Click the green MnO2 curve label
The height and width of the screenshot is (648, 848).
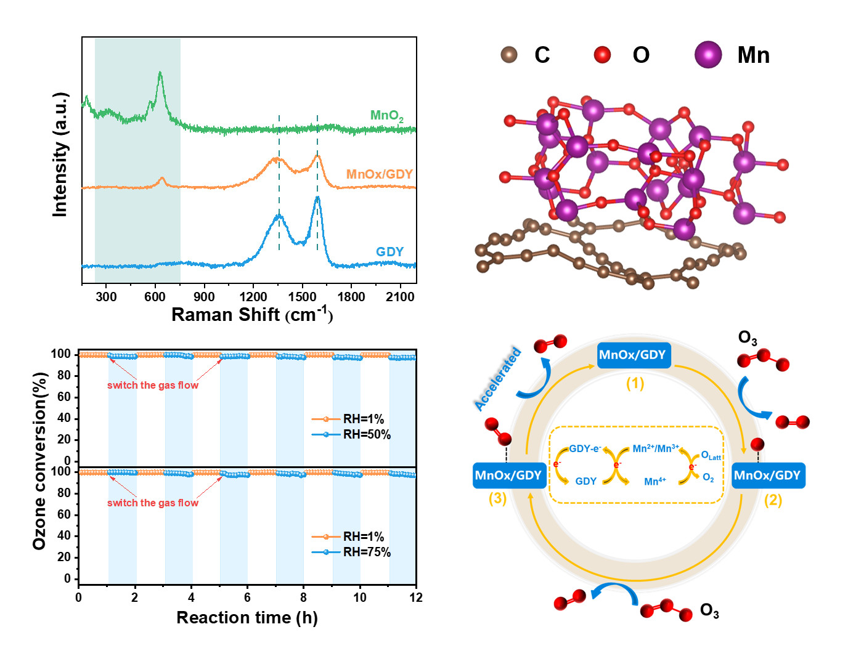coord(386,116)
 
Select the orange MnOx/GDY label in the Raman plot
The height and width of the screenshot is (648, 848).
coord(379,174)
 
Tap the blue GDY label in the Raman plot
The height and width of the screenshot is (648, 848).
coord(389,252)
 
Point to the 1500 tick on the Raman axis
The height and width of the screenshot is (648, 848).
coord(302,296)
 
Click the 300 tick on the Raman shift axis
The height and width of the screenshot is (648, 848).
coord(106,296)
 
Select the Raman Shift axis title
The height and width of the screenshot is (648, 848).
coord(252,315)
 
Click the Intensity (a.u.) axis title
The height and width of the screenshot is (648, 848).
coord(60,155)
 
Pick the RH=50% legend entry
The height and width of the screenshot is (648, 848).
coord(366,434)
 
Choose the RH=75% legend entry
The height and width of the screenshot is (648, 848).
coord(366,552)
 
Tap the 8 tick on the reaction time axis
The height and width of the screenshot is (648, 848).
coord(303,597)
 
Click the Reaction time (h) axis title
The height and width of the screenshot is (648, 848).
coord(247,617)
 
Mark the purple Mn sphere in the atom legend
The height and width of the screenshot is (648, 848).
coord(708,55)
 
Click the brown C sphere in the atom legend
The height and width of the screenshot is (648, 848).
coord(509,55)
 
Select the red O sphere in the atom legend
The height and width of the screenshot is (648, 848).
coord(602,55)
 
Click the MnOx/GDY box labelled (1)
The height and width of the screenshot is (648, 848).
coord(633,355)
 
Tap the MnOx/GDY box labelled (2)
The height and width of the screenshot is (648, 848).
coord(767,476)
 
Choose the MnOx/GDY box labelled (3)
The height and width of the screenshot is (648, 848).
coord(508,476)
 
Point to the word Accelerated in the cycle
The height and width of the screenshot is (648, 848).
coord(498,379)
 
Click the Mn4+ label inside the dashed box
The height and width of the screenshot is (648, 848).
coord(654,482)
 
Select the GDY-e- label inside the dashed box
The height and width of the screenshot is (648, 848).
coord(585,448)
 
